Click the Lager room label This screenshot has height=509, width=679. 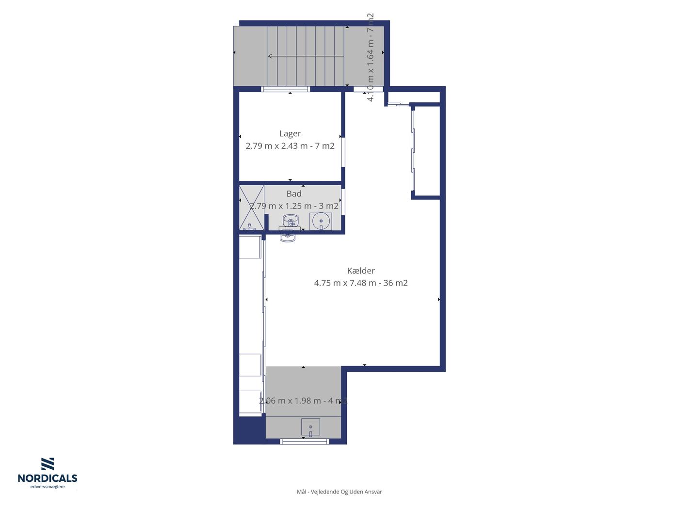[x=290, y=133]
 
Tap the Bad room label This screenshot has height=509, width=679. [x=294, y=194]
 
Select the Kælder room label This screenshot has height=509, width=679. [x=361, y=270]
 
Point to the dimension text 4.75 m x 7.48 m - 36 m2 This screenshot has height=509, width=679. [x=361, y=283]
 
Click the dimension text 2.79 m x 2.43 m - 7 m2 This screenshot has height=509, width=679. [x=290, y=146]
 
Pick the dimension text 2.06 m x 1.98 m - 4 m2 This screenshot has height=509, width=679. [x=303, y=400]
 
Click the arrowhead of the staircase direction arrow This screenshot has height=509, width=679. [x=270, y=56]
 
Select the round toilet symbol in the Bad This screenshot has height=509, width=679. [x=321, y=221]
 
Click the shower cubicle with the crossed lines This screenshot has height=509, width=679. [x=252, y=207]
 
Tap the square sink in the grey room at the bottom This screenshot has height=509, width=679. [x=310, y=427]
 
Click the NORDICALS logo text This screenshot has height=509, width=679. [x=48, y=478]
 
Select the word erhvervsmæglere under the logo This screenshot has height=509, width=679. [x=48, y=487]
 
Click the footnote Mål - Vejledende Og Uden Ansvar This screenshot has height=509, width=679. [x=339, y=492]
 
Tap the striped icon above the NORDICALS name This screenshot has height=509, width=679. [x=48, y=464]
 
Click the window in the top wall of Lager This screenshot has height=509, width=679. [x=286, y=89]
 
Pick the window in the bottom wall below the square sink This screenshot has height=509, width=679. [x=305, y=441]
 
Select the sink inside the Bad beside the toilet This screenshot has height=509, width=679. [x=290, y=221]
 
